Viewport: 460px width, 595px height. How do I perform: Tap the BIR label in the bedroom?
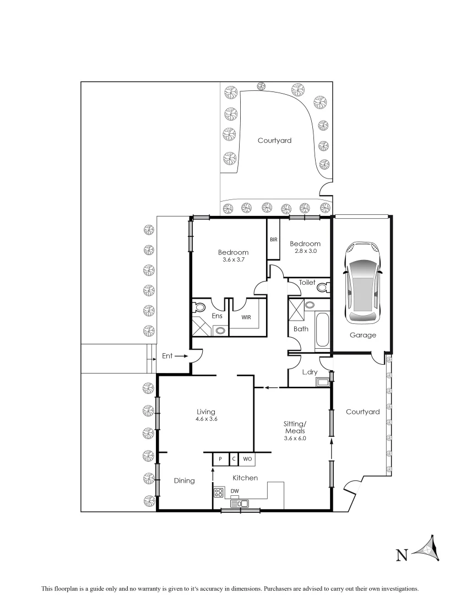pyautogui.click(x=273, y=240)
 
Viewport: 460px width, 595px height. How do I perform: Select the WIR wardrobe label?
pyautogui.click(x=246, y=317)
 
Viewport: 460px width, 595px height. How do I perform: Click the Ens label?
pyautogui.click(x=217, y=316)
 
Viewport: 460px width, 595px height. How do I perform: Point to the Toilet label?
pyautogui.click(x=307, y=282)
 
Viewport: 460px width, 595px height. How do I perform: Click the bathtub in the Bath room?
pyautogui.click(x=322, y=331)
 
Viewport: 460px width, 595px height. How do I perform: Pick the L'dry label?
pyautogui.click(x=310, y=372)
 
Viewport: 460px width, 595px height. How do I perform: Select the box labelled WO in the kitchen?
pyautogui.click(x=247, y=458)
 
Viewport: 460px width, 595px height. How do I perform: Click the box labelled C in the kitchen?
pyautogui.click(x=234, y=458)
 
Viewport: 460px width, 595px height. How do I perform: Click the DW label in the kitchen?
pyautogui.click(x=235, y=491)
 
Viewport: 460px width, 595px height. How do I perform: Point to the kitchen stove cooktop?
pyautogui.click(x=219, y=493)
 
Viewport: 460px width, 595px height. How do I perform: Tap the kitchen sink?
pyautogui.click(x=240, y=503)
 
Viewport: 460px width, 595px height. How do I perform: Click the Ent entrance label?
pyautogui.click(x=167, y=356)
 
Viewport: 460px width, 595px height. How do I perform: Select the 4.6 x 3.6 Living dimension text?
pyautogui.click(x=206, y=419)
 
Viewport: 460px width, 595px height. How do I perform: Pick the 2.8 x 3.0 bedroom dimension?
pyautogui.click(x=305, y=251)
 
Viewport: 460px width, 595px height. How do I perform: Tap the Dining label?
pyautogui.click(x=184, y=480)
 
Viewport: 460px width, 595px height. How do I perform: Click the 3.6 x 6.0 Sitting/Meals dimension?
pyautogui.click(x=294, y=439)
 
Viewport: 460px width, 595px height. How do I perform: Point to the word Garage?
pyautogui.click(x=363, y=335)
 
